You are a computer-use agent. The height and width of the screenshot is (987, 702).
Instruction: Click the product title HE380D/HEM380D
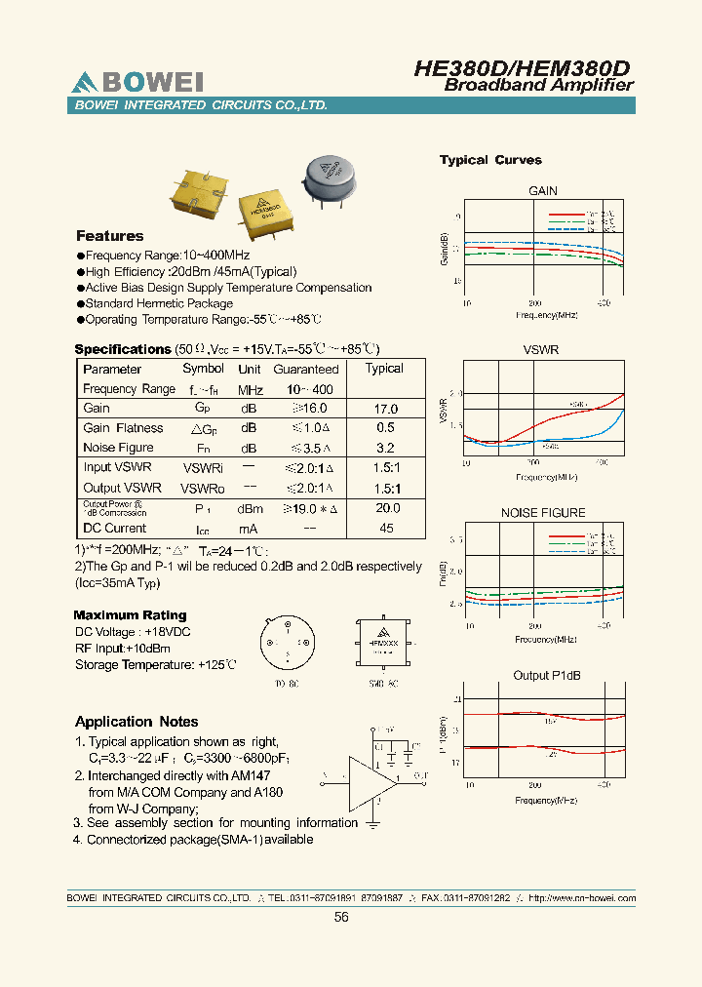523,67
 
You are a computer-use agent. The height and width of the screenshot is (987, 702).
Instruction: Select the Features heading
110,236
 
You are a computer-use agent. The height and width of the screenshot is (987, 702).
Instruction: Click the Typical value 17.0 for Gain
386,409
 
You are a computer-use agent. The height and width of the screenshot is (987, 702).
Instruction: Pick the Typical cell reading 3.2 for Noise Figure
385,448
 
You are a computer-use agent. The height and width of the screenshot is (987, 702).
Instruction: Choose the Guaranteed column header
306,369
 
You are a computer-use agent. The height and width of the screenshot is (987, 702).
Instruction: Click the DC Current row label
115,529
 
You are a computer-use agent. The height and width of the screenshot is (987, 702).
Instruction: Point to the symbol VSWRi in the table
204,468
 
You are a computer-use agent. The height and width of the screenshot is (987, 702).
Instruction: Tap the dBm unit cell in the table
250,508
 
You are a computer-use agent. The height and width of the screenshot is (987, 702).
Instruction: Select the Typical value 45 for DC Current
386,529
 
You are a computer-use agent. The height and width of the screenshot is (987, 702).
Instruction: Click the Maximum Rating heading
130,615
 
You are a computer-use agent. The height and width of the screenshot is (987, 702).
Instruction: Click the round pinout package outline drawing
287,643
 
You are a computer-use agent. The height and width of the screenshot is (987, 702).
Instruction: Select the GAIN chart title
543,191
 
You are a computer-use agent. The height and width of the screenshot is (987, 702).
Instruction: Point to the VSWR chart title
541,349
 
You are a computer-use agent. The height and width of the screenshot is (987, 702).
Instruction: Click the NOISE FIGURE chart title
543,513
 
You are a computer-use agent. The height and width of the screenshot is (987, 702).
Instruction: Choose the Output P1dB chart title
543,676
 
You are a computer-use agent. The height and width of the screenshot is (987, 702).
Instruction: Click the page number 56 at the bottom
341,917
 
